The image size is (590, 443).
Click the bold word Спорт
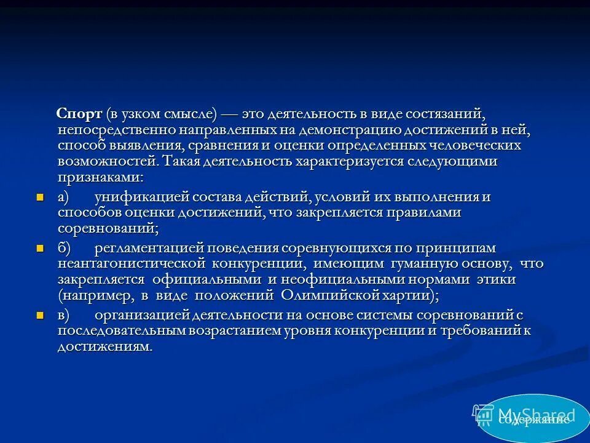click(79, 114)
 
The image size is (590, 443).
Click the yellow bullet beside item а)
click(41, 198)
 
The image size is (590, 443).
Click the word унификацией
click(143, 197)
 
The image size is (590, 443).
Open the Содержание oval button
click(532, 418)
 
